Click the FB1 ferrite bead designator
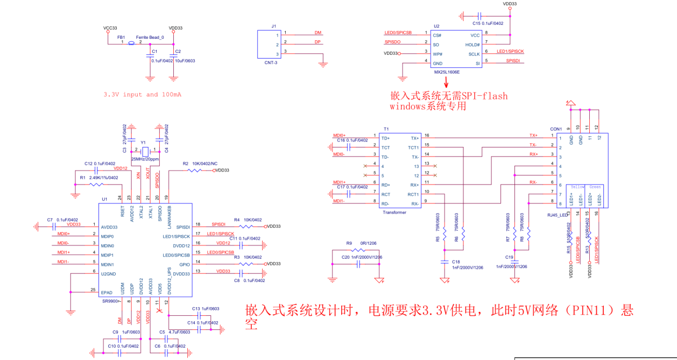click(121, 37)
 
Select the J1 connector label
click(273, 26)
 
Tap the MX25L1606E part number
click(447, 71)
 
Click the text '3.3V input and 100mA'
click(142, 95)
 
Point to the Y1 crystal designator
click(143, 144)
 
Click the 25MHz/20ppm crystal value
click(145, 160)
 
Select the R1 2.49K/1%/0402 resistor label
click(98, 177)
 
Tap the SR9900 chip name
click(111, 301)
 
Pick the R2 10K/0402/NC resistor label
click(200, 163)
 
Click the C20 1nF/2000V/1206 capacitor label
click(362, 257)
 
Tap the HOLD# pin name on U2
click(472, 45)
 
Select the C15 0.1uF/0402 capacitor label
click(488, 24)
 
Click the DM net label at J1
click(318, 33)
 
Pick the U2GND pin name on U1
click(108, 274)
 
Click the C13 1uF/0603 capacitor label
click(205, 309)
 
